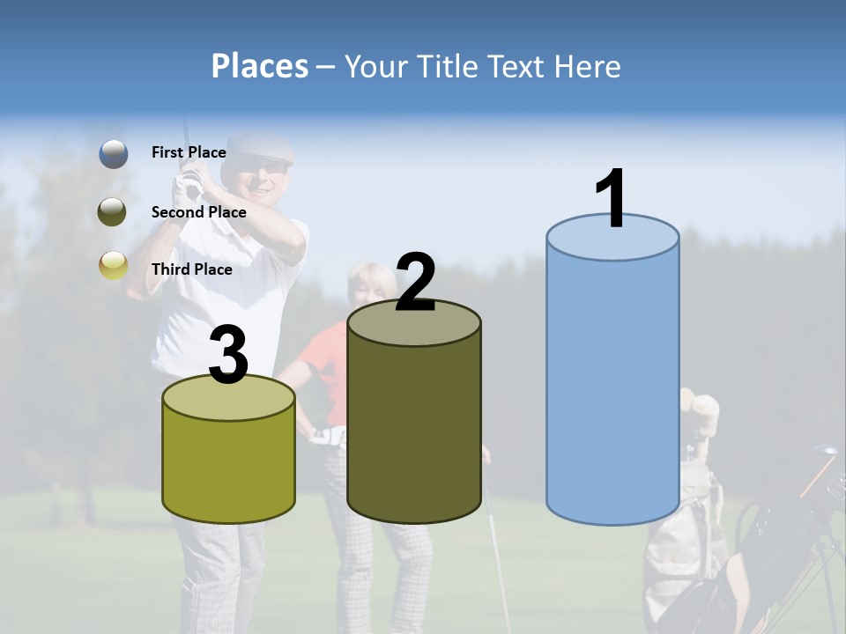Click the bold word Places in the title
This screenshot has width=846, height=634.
tap(260, 66)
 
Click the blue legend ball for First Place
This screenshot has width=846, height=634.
tap(113, 153)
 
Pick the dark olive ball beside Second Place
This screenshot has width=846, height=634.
tap(113, 211)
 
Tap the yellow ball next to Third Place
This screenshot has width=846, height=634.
tap(113, 265)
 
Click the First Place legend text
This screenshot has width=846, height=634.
tap(189, 152)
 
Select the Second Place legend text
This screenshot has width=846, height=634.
tap(198, 212)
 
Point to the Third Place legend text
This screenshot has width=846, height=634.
tap(191, 269)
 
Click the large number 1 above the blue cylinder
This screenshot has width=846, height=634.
tap(611, 199)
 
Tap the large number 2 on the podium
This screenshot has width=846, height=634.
tap(415, 282)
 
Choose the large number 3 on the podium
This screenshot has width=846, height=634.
tap(228, 356)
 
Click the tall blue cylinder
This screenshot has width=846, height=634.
tap(612, 387)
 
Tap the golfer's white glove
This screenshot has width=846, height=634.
tap(186, 186)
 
